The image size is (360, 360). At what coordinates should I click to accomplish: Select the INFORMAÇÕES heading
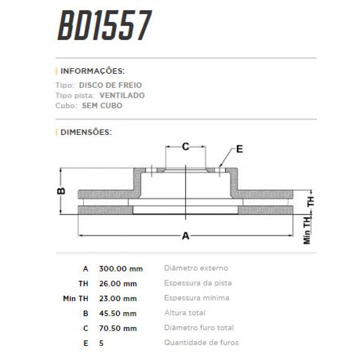coord(92,71)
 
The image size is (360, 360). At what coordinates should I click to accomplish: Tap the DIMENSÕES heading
coord(86,132)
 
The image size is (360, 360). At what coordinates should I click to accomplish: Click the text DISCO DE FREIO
coord(110,85)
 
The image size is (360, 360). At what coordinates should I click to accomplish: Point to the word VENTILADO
coord(122,95)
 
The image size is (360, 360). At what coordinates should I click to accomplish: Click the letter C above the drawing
coord(186,147)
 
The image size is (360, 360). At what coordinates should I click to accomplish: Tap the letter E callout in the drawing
coord(239,149)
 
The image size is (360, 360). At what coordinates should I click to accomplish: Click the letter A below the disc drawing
coord(186,236)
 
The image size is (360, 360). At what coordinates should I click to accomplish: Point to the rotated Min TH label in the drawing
coord(307,230)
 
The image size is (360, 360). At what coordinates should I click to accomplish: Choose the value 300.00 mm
coord(121,268)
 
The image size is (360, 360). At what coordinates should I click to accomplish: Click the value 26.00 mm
coord(118,283)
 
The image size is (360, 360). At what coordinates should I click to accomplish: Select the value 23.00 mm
coord(118,298)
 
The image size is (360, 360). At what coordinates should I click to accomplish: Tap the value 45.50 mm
coord(118,313)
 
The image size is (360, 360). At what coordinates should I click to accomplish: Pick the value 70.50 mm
coord(118,328)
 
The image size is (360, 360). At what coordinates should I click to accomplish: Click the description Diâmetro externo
coord(196,268)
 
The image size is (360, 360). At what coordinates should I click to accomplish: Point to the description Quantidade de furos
coord(201,342)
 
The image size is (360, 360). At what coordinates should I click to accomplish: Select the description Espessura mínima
coord(197,298)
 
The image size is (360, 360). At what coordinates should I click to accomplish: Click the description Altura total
coord(185,313)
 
